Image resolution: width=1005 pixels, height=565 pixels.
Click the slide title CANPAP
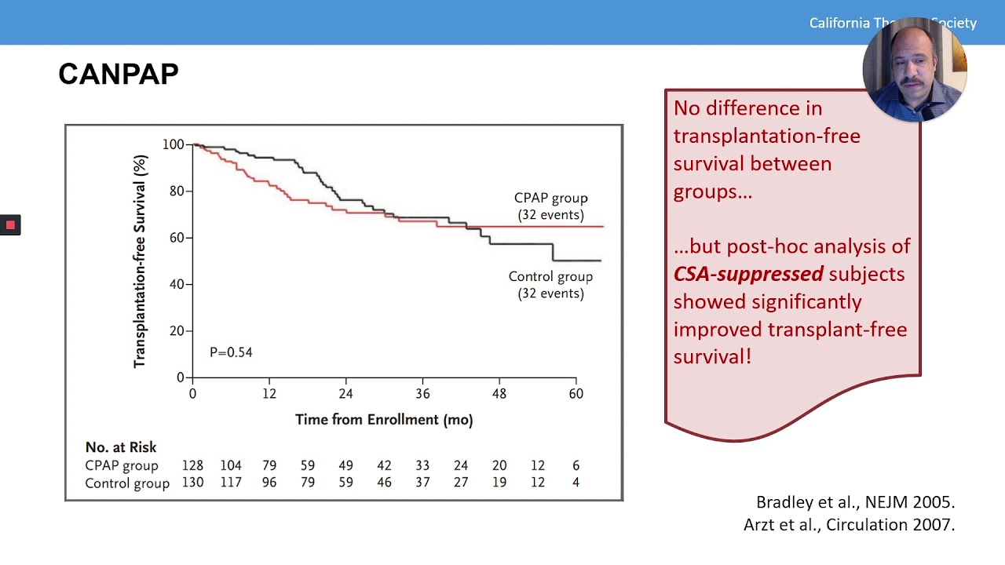point(119,75)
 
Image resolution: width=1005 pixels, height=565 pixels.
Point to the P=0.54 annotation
point(231,352)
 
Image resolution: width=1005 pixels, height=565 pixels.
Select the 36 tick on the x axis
point(422,394)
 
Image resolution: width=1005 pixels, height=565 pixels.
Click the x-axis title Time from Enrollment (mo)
point(384,420)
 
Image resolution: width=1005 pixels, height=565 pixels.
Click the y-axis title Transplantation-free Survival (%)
point(140,261)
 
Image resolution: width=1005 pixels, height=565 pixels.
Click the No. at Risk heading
point(121,447)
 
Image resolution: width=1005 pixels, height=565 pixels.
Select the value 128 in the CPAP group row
point(192,465)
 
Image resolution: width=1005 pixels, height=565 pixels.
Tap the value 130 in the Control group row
point(192,483)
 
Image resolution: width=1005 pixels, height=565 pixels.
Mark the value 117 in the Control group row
point(231,483)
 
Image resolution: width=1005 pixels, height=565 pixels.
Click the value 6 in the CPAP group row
point(576,465)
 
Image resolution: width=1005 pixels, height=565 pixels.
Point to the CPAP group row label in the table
point(122,465)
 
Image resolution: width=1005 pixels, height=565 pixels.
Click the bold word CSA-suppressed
point(748,274)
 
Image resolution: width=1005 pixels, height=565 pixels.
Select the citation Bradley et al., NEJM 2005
point(855,502)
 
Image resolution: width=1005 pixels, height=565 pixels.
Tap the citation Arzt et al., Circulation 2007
point(849,525)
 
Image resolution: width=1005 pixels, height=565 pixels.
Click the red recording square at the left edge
point(10,225)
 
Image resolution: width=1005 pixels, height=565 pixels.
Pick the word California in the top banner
point(839,23)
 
